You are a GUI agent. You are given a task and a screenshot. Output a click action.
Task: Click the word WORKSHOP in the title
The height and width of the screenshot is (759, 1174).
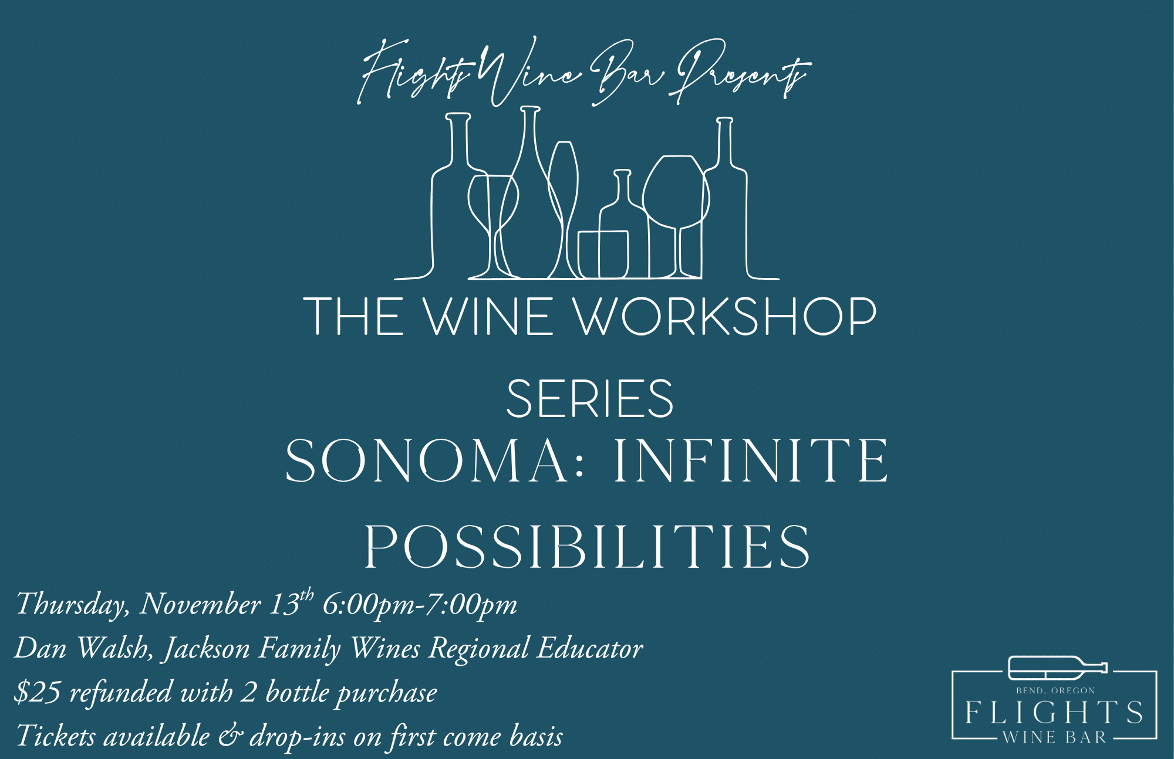coord(724,316)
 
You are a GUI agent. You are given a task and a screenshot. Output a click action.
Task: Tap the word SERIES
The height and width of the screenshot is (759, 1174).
coord(590,399)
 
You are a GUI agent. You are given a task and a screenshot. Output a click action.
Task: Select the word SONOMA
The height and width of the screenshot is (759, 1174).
coord(426,461)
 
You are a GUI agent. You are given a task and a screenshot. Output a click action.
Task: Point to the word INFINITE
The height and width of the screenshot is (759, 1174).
coord(751,461)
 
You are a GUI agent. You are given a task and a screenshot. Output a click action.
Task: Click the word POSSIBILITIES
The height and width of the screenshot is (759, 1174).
coord(587,547)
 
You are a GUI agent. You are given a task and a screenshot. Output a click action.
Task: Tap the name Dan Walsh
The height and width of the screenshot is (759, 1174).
coord(83,648)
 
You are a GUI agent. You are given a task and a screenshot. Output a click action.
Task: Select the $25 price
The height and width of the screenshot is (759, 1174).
coord(37,692)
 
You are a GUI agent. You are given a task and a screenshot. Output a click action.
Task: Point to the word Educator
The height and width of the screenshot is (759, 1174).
coord(590,648)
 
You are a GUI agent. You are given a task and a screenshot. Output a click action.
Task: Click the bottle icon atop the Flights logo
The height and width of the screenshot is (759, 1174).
coord(1057,667)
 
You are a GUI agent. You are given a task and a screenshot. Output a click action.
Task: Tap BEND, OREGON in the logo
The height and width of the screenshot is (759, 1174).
coord(1055,691)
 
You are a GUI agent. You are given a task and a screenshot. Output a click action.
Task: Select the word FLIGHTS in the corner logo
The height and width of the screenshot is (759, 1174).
coord(1054,712)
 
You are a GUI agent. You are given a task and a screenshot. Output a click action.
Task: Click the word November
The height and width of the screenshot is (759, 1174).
coord(200,604)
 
